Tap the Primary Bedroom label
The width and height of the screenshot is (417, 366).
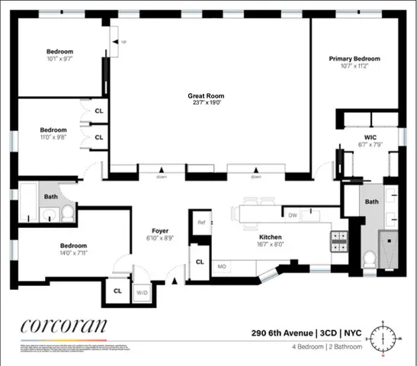coord(354,59)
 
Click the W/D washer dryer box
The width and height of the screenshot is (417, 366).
coord(142,291)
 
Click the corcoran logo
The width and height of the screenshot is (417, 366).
coord(64,326)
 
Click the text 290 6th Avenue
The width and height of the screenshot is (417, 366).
coord(282,332)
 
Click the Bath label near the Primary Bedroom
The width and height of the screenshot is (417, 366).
coord(371,202)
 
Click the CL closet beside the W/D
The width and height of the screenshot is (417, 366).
coord(117,291)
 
